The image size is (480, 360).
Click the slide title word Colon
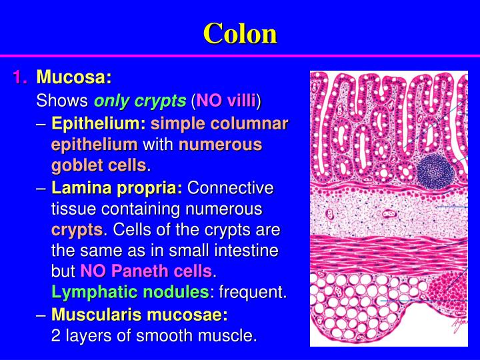[x=240, y=33]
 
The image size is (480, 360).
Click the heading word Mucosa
[x=74, y=78]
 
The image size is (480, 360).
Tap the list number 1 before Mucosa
[x=19, y=78]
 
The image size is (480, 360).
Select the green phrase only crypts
[x=140, y=101]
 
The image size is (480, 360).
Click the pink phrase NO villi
[x=226, y=101]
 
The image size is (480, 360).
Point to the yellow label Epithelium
[x=99, y=123]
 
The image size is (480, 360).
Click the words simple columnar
[x=219, y=123]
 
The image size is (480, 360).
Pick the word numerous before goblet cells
[x=220, y=145]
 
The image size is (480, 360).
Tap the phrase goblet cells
[x=99, y=165]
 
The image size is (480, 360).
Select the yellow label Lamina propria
[x=117, y=188]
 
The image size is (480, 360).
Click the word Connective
[x=231, y=188]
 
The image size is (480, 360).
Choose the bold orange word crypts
[x=77, y=231]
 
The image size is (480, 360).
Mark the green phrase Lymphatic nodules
[x=131, y=293]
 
